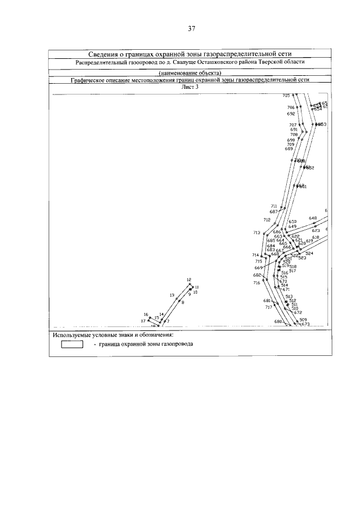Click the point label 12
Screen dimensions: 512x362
(189, 280)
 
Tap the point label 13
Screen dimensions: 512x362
(171, 295)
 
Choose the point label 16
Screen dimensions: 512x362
(145, 315)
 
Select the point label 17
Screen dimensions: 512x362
(143, 321)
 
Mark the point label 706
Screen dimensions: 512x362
(291, 107)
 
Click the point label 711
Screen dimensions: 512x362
(274, 206)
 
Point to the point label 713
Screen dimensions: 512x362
(257, 233)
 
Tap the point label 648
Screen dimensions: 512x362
(312, 218)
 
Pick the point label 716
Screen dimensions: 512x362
(257, 282)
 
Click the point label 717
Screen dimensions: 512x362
(269, 307)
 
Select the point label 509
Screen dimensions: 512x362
(303, 320)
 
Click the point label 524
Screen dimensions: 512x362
(309, 253)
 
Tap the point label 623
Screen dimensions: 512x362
(316, 230)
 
